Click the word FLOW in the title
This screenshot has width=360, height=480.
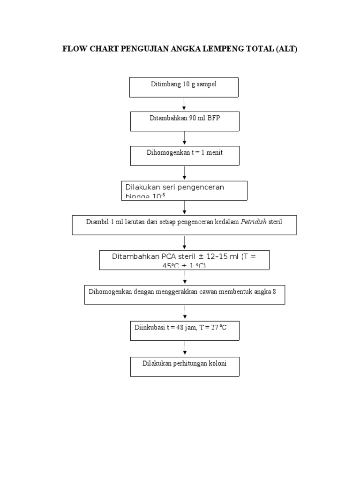coord(74,49)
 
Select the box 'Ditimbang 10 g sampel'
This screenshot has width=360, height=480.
coord(184,87)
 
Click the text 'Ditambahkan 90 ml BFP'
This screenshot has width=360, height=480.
coord(185,118)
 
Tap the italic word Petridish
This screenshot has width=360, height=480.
coord(254,222)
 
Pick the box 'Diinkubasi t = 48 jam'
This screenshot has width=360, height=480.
coord(185,331)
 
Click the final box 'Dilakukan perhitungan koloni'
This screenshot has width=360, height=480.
coord(185,367)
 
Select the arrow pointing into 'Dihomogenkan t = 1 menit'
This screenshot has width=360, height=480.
coord(185,138)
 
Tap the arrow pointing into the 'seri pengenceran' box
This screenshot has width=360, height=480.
coord(185,173)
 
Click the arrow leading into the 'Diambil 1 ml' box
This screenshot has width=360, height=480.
coord(185,208)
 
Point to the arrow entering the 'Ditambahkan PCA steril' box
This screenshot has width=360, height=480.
coord(185,242)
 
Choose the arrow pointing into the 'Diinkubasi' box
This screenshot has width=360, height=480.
coord(185,313)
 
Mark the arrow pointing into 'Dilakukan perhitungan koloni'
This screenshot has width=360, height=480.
coord(185,349)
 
